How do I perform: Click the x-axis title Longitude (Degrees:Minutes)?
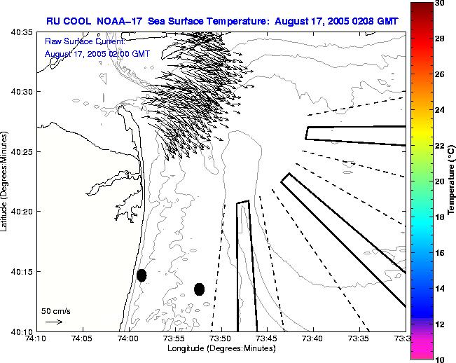point(220,348)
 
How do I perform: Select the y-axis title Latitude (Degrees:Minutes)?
point(6,181)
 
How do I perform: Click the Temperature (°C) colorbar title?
point(452,181)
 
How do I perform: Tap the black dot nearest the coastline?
point(141,275)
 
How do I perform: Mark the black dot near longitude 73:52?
point(199,289)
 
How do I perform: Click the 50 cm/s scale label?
point(55,310)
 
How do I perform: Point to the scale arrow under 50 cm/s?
point(53,322)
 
